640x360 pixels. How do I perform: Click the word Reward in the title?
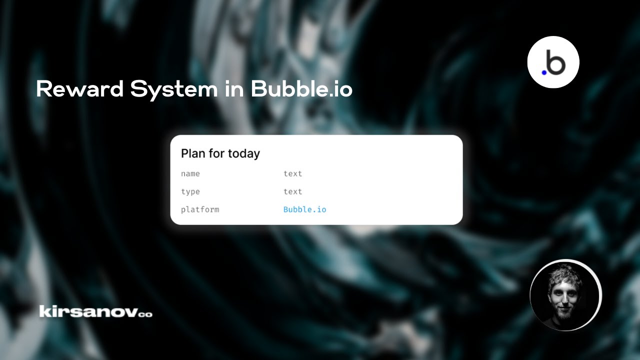pos(79,89)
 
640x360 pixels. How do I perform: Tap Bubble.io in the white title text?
pos(301,89)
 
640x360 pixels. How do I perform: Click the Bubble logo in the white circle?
pos(553,62)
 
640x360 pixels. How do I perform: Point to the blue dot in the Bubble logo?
pos(544,72)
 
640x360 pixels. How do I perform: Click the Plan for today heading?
pos(220,153)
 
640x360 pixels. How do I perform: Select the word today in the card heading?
pos(244,153)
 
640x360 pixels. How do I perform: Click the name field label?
pos(190,174)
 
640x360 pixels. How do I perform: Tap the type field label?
pos(190,192)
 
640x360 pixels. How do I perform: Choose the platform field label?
pos(200,209)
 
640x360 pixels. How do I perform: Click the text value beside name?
pos(292,174)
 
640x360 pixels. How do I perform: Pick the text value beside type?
pos(292,192)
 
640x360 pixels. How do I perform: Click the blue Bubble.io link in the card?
pos(304,209)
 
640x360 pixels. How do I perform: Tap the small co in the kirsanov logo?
pos(145,314)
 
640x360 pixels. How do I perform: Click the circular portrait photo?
pos(565,295)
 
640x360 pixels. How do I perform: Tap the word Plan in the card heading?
pos(193,153)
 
